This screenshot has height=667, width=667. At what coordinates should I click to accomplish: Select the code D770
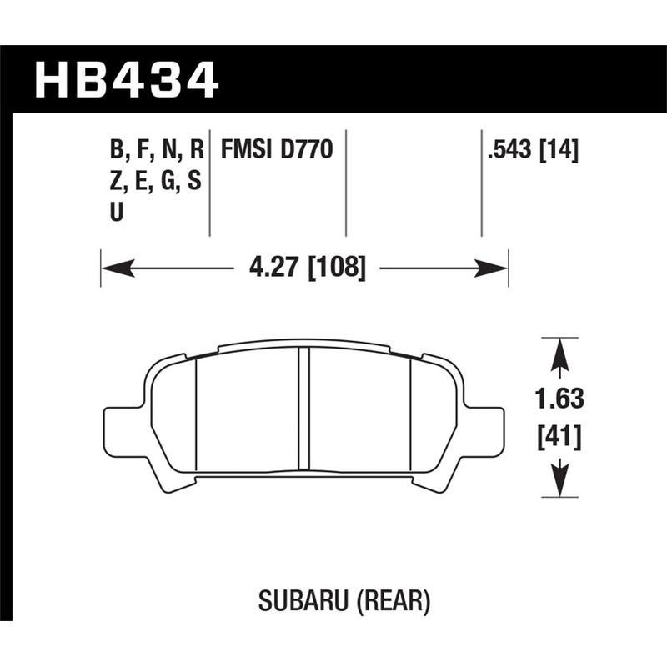click(309, 151)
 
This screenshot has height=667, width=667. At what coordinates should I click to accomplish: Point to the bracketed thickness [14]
click(559, 151)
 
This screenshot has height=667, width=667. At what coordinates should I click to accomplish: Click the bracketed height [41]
click(559, 435)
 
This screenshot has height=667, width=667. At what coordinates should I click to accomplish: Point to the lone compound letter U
click(116, 213)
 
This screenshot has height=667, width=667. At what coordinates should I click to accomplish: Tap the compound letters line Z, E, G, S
click(154, 182)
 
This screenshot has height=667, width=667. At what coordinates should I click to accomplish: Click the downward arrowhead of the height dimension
click(559, 484)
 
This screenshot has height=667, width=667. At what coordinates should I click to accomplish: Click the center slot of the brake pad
click(304, 409)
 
